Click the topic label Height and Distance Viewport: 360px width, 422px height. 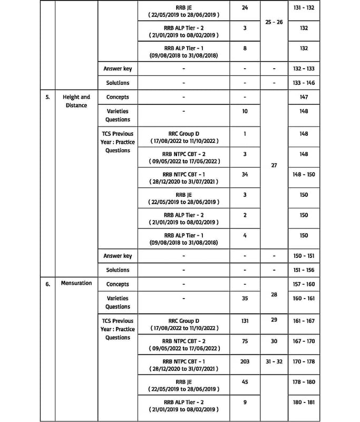coord(76,101)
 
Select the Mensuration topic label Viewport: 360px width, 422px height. coord(76,283)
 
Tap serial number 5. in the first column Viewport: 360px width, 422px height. coord(47,97)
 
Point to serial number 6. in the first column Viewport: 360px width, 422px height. coord(47,284)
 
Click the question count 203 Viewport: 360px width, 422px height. coord(245,361)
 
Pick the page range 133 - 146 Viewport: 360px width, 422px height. coord(304,83)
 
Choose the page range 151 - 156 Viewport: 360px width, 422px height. coord(304,270)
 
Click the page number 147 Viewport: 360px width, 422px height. coord(304,97)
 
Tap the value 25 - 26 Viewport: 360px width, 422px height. coord(274,23)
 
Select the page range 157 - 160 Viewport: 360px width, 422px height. coord(304,284)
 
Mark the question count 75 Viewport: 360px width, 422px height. coord(245,341)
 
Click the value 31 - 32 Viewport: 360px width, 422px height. coord(274,361)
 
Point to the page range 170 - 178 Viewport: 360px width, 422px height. coord(304,361)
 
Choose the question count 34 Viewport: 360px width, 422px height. coord(245,175)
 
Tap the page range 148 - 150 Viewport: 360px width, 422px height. coord(304,175)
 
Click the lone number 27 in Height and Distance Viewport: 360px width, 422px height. coord(274,165)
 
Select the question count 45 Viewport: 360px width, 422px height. coord(245,382)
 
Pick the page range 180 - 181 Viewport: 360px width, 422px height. coord(304,402)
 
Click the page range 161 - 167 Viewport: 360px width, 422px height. coord(304,321)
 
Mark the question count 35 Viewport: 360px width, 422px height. coord(245,298)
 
